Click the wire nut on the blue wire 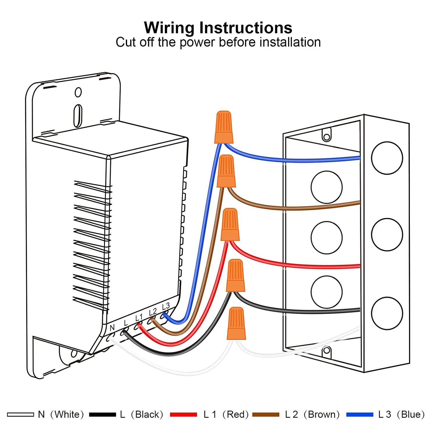tap(224, 127)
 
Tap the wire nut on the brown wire tap(226, 171)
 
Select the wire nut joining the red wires tap(230, 225)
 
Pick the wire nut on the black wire tap(235, 276)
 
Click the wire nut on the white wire tap(236, 324)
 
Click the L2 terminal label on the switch tap(153, 312)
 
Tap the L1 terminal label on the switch tap(139, 318)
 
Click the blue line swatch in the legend tap(360, 414)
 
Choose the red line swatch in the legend tap(183, 414)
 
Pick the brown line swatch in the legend tap(266, 414)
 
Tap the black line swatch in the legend tap(102, 414)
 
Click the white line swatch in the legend tap(20, 414)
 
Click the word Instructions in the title tap(246, 28)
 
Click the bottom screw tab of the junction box tap(327, 351)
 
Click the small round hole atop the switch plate tap(78, 92)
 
